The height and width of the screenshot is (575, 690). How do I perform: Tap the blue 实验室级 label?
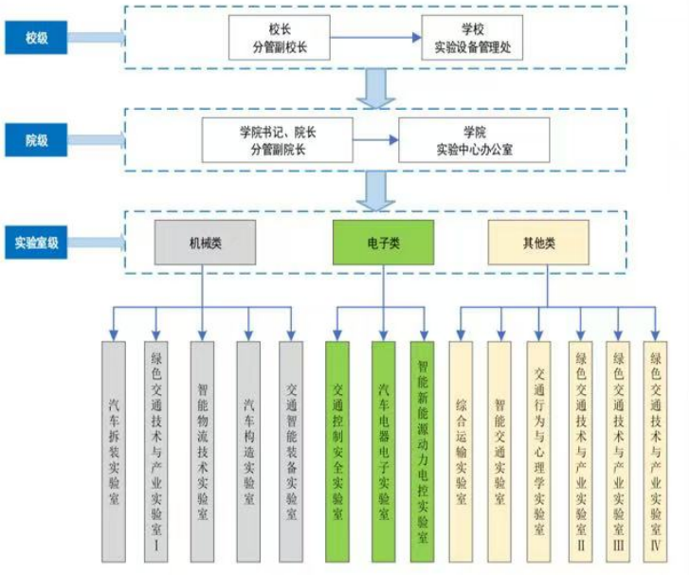[x=36, y=241]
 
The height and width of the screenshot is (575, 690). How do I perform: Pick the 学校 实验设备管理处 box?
[x=472, y=38]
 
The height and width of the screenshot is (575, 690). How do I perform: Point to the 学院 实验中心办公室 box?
[x=473, y=140]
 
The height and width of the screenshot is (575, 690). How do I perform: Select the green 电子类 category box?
[x=383, y=243]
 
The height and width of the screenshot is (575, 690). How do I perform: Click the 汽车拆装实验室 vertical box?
[x=113, y=446]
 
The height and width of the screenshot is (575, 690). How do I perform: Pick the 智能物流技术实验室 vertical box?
[x=202, y=446]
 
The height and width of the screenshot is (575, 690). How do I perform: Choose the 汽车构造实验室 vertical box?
[x=247, y=446]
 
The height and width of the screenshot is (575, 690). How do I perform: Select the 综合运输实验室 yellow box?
[x=461, y=446]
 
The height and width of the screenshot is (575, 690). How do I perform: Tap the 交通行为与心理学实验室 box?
[x=539, y=446]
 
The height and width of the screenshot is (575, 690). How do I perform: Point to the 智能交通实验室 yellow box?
[x=499, y=446]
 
